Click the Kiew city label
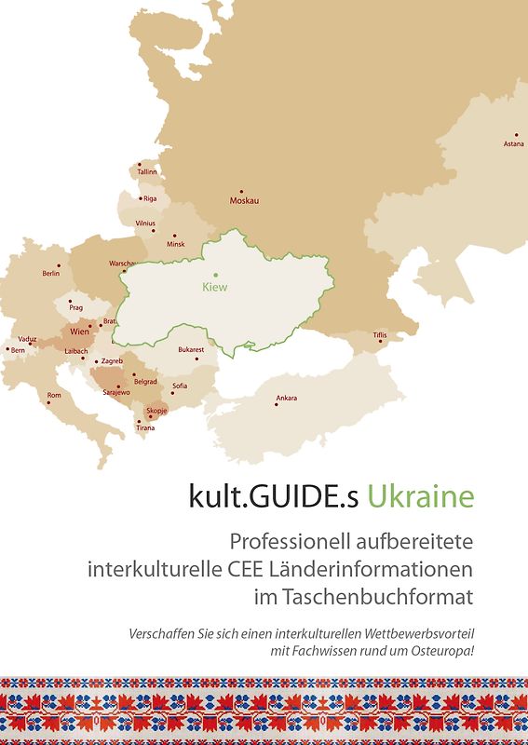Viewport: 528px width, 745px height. [214, 287]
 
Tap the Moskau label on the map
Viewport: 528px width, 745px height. [244, 201]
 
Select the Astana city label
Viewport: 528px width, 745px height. [513, 144]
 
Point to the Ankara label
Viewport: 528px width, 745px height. [287, 399]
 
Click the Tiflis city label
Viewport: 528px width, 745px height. [379, 334]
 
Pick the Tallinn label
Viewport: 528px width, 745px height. [147, 172]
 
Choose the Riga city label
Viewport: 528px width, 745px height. [150, 198]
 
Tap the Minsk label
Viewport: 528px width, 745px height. [176, 244]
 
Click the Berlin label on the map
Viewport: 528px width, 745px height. [51, 274]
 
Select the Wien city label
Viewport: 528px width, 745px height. [79, 332]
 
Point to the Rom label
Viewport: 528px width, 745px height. [54, 395]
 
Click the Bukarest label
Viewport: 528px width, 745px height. [191, 350]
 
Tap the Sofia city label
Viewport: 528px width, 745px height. [180, 386]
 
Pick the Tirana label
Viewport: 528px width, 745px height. [145, 428]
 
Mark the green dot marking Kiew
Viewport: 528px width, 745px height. [215, 275]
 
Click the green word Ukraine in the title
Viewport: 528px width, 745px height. [420, 496]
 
